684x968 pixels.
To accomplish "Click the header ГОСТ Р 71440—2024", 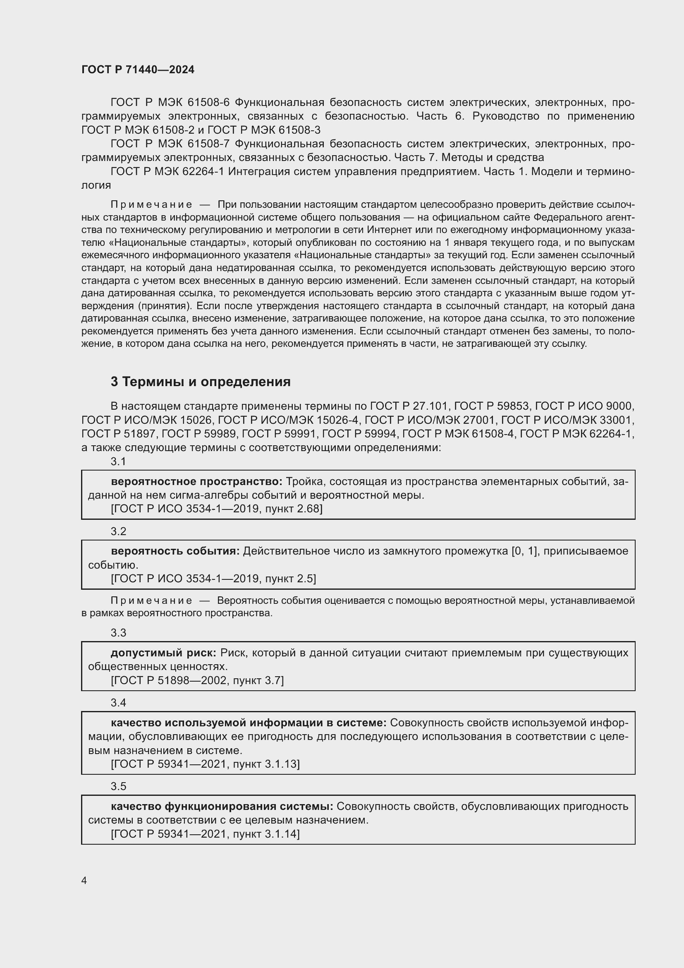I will (x=138, y=70).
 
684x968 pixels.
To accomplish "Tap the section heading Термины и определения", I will (x=201, y=382).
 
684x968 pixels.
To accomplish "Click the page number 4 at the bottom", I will (x=84, y=881).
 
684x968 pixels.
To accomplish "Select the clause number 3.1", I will (x=118, y=462).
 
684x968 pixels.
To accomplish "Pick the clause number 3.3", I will (x=118, y=633).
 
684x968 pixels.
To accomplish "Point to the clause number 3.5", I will (x=118, y=786).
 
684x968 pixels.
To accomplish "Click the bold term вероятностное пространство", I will (x=196, y=481).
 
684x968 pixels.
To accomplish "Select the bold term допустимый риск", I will (x=163, y=653).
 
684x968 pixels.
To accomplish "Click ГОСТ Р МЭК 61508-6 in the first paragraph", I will (x=170, y=103).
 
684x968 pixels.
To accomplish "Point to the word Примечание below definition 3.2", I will (x=151, y=600).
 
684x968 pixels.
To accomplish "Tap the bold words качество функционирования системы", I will (x=222, y=806).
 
